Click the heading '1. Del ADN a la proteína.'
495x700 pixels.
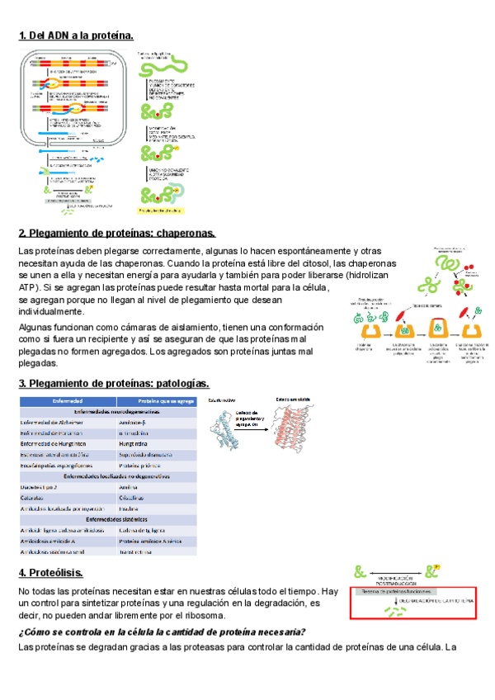76,35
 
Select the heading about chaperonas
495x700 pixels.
117,233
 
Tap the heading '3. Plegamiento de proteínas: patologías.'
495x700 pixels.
114,383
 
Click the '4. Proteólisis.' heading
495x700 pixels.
51,573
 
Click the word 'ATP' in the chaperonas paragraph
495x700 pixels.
28,286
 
